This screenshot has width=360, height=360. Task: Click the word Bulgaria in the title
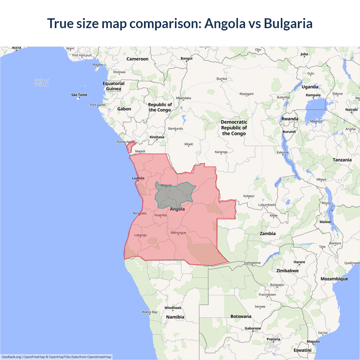(x=288, y=23)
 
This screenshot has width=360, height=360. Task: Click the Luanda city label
(x=138, y=178)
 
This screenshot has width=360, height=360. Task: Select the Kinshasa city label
(x=157, y=137)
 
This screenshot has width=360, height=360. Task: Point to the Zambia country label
(x=267, y=233)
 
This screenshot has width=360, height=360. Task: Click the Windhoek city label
(x=173, y=308)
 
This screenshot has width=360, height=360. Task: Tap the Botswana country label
(x=241, y=316)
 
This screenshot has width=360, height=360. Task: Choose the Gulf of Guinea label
(x=41, y=83)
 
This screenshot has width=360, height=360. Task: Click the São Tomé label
(x=79, y=95)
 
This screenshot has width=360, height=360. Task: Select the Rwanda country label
(x=290, y=119)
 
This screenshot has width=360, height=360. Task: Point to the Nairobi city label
(x=351, y=110)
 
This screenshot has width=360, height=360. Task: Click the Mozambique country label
(x=334, y=279)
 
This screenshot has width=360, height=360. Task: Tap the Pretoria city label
(x=273, y=339)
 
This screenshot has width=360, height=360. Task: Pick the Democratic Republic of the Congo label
(x=234, y=128)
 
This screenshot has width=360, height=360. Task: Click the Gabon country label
(x=124, y=109)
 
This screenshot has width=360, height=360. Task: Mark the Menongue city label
(x=178, y=233)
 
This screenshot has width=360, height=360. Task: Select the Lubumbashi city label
(x=267, y=205)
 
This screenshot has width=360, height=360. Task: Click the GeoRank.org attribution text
(x=11, y=357)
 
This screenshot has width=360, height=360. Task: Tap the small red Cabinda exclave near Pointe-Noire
(x=130, y=147)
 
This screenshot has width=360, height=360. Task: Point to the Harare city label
(x=299, y=262)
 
